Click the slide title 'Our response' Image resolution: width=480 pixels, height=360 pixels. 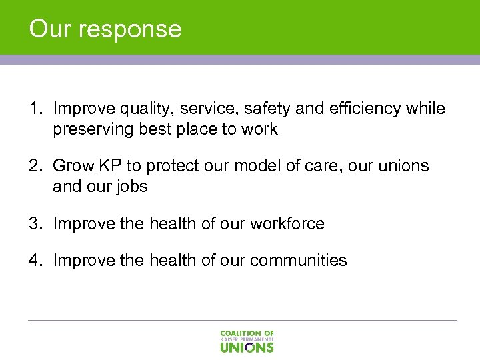pos(105,29)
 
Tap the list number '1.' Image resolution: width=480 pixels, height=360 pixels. pos(35,109)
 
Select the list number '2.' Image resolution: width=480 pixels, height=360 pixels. pos(35,166)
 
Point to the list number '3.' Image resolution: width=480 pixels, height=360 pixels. pos(35,223)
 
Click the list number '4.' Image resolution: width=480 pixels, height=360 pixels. pos(35,260)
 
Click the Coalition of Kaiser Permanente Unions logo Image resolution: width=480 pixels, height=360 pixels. pos(247,341)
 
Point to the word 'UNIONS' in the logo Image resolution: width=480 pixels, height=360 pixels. pos(247,347)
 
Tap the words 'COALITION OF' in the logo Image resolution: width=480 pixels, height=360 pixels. pos(247,333)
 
